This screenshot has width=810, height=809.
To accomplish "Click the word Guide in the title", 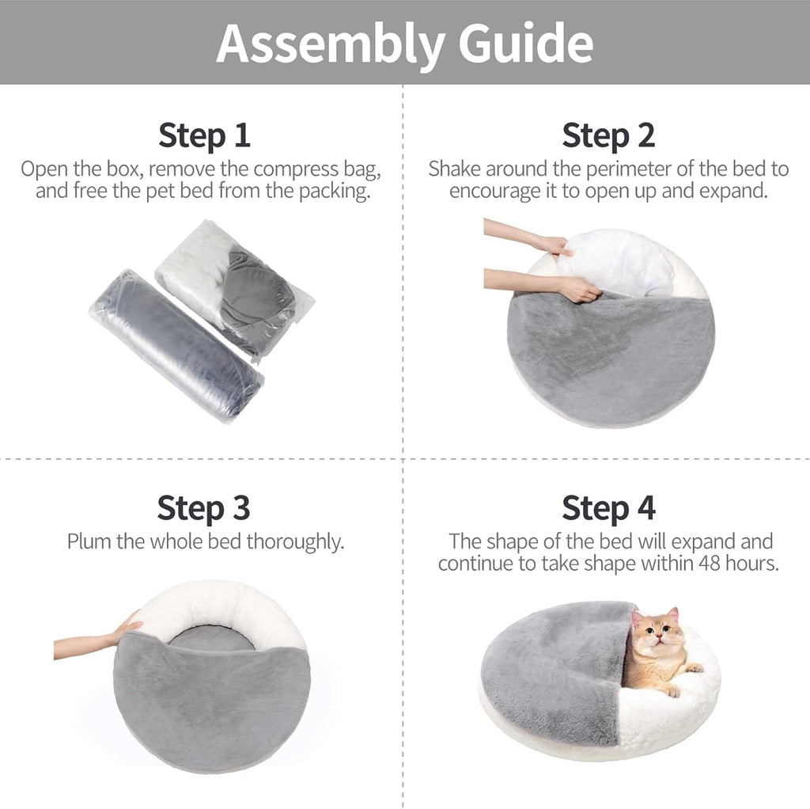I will pos(525,44).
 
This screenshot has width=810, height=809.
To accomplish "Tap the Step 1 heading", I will pos(204,135).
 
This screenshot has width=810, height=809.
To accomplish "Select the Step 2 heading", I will pos(608,135).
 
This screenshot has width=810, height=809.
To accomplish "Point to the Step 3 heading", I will pos(203,507).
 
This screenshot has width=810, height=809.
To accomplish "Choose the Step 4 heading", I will pos(608,507).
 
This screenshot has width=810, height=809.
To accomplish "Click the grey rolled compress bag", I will pos(176,344).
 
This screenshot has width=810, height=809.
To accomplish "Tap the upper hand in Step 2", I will pos(554,245).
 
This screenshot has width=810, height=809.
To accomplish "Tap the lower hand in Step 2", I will pos(577,290).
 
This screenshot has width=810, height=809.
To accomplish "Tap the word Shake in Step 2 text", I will pos(454,169).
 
